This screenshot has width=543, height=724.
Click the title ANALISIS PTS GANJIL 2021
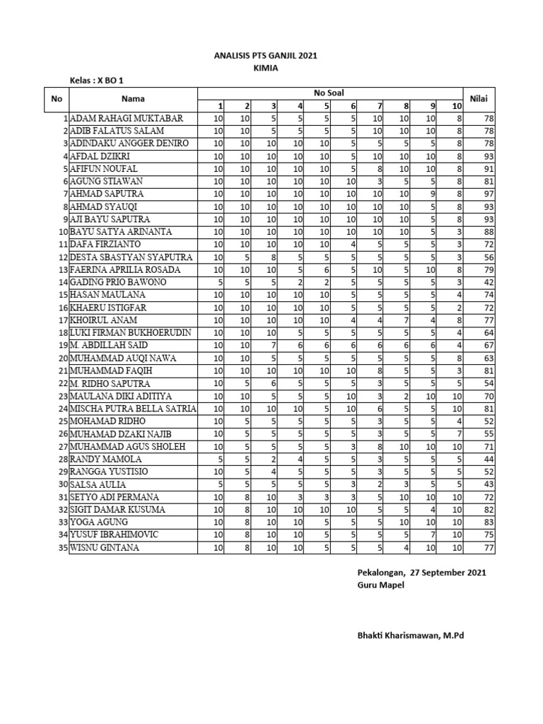coord(266,55)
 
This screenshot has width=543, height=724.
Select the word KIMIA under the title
coord(266,68)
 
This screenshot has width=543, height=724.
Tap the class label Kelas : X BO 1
coord(100,81)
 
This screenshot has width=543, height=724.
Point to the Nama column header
coord(132,99)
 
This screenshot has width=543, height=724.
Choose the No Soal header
coord(329,93)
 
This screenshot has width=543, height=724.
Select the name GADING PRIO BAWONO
coord(118,282)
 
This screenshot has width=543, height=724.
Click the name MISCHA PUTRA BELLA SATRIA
coord(134,409)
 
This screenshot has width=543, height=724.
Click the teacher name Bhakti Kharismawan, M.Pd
coord(410,636)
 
